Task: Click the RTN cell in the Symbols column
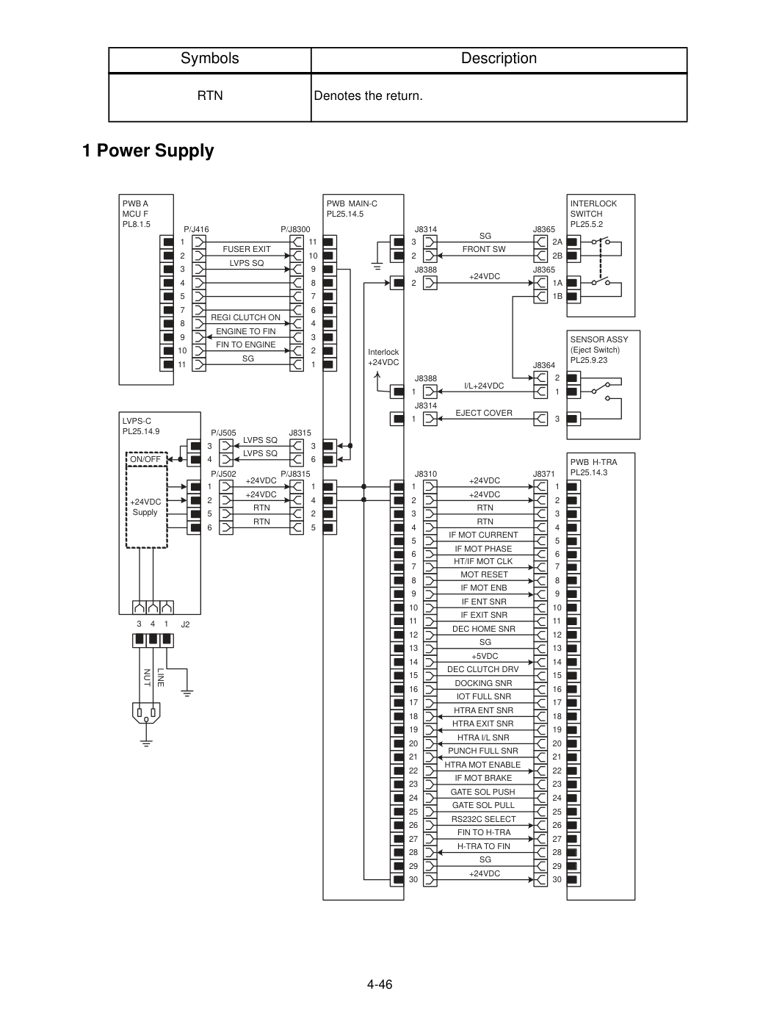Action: (210, 95)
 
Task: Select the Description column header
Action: (499, 59)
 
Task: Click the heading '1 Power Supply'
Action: (148, 151)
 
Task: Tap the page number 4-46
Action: (380, 984)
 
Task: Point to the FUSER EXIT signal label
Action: (247, 249)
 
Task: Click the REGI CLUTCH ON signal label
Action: (245, 317)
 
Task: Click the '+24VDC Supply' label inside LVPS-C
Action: (145, 507)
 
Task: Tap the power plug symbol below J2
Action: (146, 713)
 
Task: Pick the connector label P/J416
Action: (196, 229)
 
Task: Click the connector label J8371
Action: (544, 474)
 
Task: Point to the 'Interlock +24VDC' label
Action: (383, 357)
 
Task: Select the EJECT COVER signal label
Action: (484, 413)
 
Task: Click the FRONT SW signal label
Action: (484, 249)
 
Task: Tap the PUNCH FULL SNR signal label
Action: (482, 751)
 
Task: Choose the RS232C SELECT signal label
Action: (484, 818)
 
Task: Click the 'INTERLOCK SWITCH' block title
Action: (593, 209)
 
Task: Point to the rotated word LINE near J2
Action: (161, 677)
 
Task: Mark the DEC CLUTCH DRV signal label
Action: (482, 669)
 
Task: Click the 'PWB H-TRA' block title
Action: (593, 462)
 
